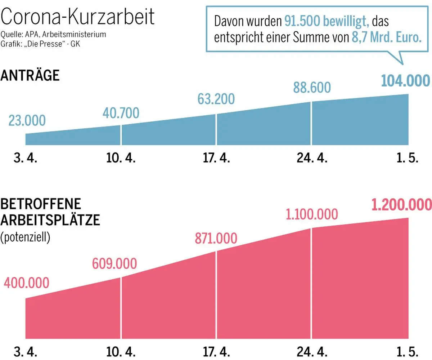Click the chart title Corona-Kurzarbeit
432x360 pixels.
click(x=78, y=17)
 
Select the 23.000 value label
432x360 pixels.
click(x=27, y=121)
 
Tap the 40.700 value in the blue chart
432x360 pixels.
click(x=121, y=113)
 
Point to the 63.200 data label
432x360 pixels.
click(x=216, y=98)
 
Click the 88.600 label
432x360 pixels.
click(x=312, y=88)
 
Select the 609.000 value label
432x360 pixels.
click(x=114, y=264)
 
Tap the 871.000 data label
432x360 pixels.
click(x=216, y=239)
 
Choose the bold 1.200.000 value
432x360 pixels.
click(x=401, y=204)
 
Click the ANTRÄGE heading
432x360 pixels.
click(x=30, y=76)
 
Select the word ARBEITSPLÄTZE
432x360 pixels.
click(x=50, y=220)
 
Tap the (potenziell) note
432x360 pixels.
click(x=25, y=237)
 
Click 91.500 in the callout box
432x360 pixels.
click(x=298, y=22)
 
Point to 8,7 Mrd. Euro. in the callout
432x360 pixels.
click(x=386, y=38)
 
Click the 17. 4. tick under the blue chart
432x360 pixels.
click(x=216, y=159)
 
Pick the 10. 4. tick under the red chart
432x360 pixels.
click(x=121, y=351)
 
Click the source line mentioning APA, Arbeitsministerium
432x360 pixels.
click(x=53, y=35)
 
